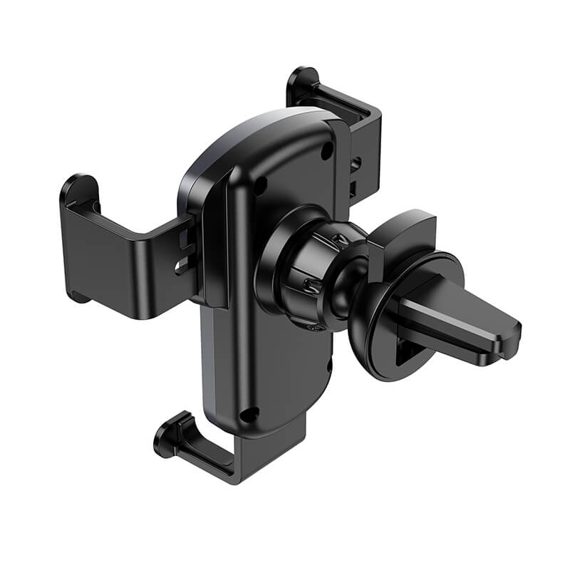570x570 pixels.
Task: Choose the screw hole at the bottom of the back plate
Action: pos(249,414)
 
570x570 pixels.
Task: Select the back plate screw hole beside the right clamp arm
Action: pos(327,151)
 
